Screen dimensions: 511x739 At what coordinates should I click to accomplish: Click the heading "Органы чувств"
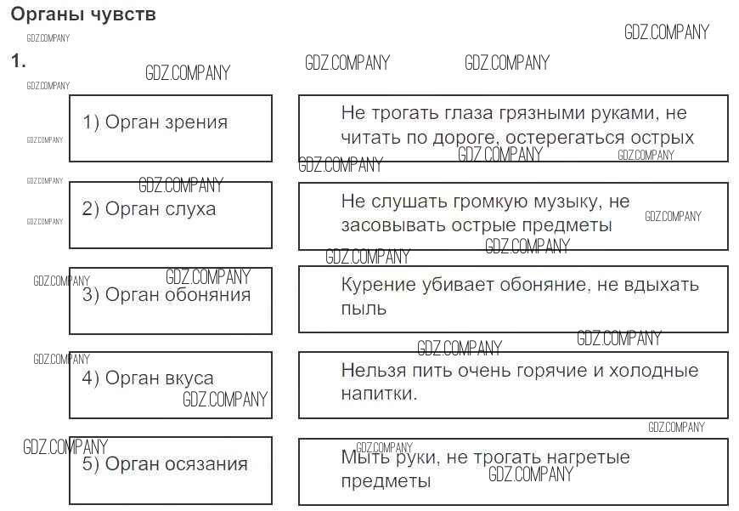click(83, 15)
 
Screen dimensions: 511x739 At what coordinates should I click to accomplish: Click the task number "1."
click(18, 61)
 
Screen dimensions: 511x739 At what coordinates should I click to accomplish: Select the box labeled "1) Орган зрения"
click(170, 128)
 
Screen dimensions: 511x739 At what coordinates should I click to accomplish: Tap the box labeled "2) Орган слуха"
click(170, 214)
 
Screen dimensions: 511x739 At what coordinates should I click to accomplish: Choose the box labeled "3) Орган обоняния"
click(170, 300)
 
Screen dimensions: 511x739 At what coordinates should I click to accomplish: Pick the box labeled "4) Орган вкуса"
click(170, 384)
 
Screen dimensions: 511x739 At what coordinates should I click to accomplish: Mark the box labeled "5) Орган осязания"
click(170, 470)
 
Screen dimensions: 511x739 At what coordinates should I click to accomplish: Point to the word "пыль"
click(364, 308)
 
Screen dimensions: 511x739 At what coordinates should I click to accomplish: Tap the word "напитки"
click(379, 394)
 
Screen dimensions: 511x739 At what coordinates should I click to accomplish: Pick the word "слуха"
click(192, 209)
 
